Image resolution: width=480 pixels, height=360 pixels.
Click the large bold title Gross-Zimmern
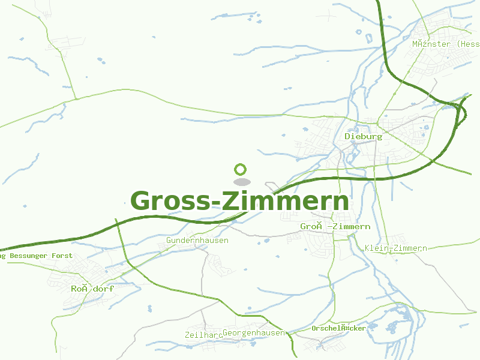click(x=239, y=201)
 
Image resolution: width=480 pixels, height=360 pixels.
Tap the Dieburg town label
click(x=363, y=136)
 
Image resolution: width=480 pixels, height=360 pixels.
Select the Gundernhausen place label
click(x=197, y=241)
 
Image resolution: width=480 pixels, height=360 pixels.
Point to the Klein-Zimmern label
click(x=395, y=248)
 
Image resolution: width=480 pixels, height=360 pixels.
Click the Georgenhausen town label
click(x=253, y=332)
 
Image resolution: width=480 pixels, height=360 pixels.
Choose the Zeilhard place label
click(x=203, y=335)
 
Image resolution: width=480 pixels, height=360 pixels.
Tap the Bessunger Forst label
click(x=36, y=256)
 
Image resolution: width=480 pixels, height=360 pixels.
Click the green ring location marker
click(x=241, y=169)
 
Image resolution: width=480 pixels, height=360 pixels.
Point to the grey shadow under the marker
click(x=241, y=181)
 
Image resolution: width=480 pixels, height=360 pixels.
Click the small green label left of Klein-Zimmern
click(x=335, y=227)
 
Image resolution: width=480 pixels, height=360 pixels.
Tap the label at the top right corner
click(x=445, y=44)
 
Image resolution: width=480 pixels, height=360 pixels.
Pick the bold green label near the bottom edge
click(x=338, y=328)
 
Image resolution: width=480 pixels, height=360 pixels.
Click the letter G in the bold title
click(x=142, y=201)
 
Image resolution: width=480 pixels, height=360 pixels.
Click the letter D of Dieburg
click(x=347, y=136)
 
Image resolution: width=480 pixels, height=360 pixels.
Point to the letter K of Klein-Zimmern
click(x=367, y=248)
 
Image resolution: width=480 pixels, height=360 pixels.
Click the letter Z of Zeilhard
click(x=188, y=335)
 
